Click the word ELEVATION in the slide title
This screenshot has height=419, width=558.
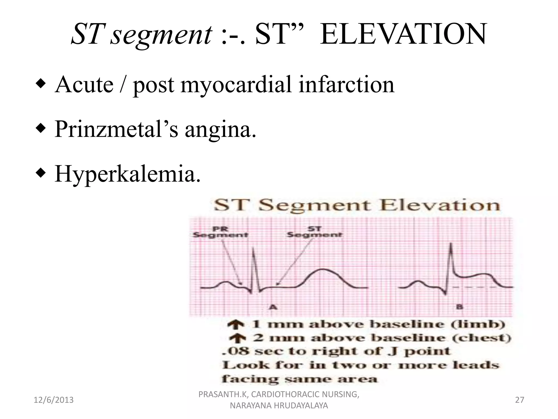(403, 34)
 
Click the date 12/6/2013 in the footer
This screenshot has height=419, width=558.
(53, 400)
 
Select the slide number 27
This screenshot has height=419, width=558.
(520, 400)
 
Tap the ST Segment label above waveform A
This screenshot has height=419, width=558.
(315, 232)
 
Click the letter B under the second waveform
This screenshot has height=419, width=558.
(459, 307)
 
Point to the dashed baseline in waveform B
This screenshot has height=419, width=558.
(474, 287)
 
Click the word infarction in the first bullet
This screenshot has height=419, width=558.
(346, 85)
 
